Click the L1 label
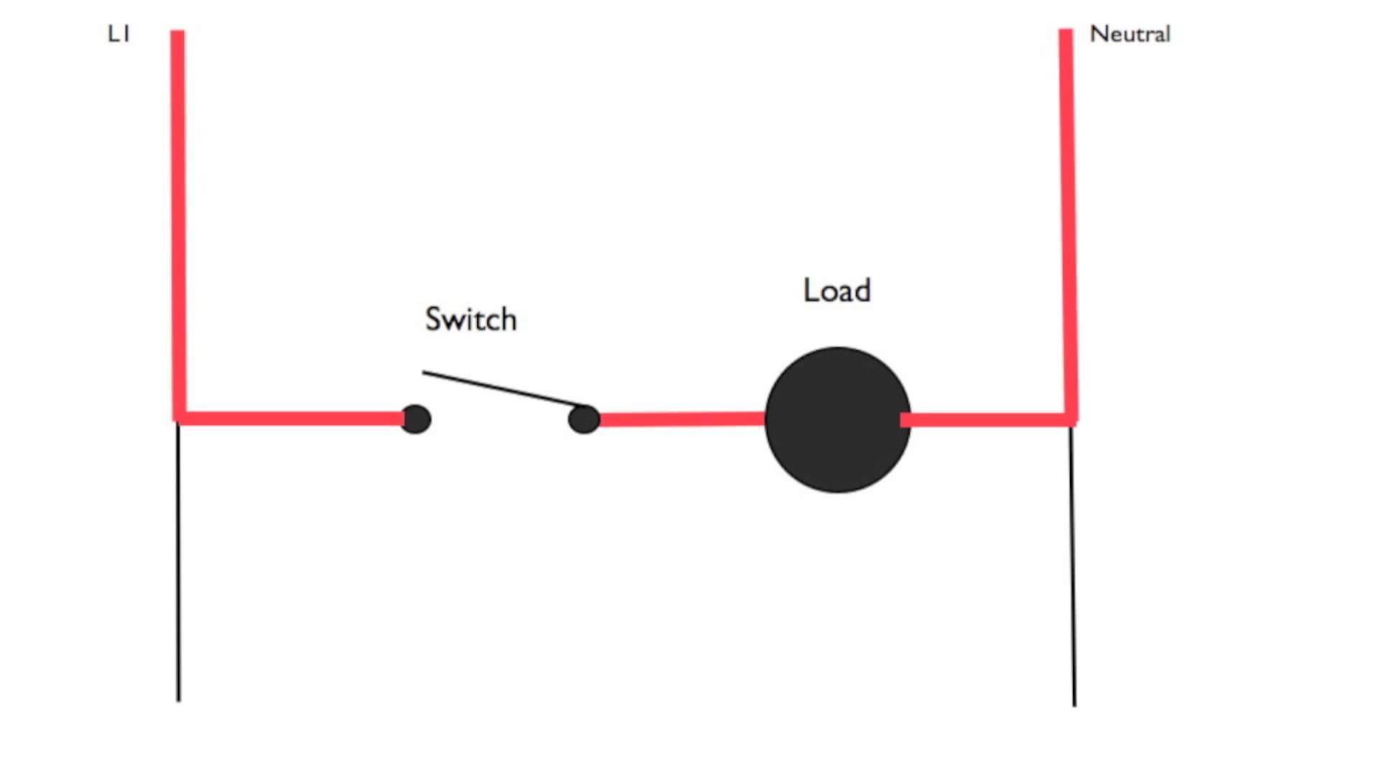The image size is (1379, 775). [119, 34]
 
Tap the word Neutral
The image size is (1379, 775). [1130, 34]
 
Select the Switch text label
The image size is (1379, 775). [470, 319]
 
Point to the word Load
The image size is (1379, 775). [837, 291]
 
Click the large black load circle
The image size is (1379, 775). [837, 420]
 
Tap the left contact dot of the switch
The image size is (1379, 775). [416, 419]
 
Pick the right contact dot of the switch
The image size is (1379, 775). [584, 419]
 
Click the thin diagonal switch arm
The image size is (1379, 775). [503, 389]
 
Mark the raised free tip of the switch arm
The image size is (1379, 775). [424, 372]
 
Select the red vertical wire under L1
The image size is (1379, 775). [178, 215]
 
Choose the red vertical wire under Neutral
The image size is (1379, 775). [1068, 215]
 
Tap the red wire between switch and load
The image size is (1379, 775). [682, 419]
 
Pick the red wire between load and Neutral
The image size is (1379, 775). [988, 420]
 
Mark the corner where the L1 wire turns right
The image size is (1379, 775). [180, 418]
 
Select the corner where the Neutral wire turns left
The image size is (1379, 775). [1070, 419]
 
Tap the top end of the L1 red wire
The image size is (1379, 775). [177, 32]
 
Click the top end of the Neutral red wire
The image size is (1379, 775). [1066, 32]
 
